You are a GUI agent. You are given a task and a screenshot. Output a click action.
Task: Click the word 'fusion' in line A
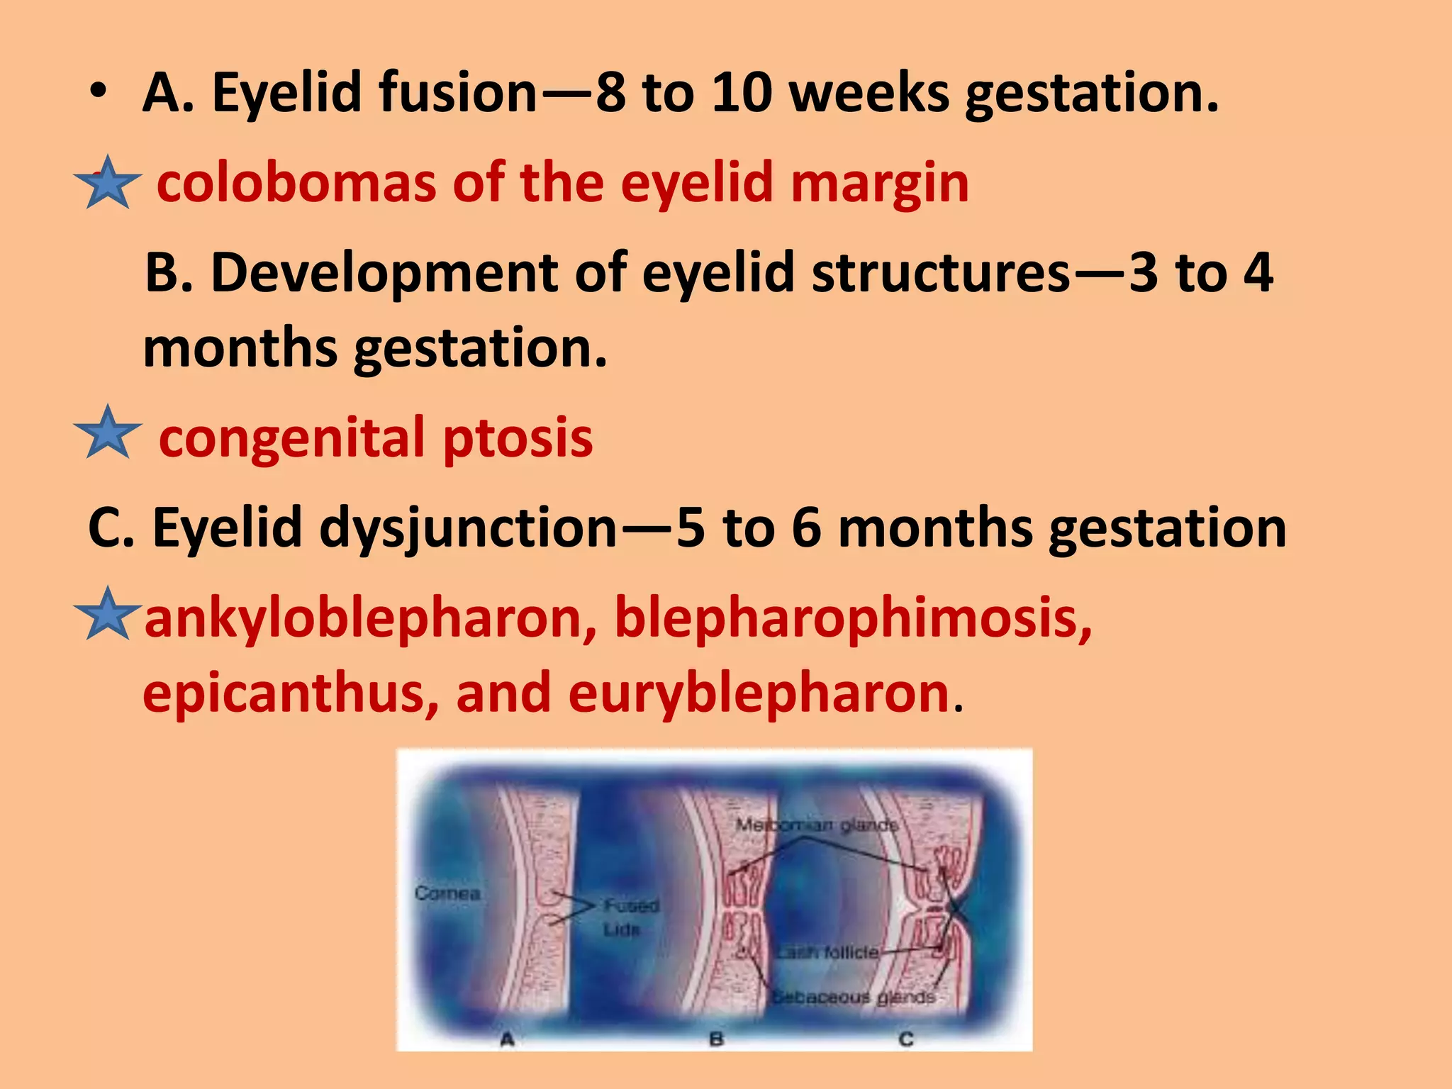click(x=458, y=93)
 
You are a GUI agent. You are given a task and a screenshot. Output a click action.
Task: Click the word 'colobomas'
click(x=295, y=183)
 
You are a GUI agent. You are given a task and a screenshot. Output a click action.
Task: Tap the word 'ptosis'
click(x=518, y=437)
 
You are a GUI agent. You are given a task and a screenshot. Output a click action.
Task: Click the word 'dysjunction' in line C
click(x=468, y=528)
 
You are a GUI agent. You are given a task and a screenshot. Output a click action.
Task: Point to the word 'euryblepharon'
click(x=759, y=693)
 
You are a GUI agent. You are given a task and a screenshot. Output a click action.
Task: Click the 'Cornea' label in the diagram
click(x=447, y=893)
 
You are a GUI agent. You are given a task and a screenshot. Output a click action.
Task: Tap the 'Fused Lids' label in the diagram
click(x=630, y=916)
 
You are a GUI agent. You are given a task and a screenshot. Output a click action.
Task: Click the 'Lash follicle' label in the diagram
click(x=827, y=952)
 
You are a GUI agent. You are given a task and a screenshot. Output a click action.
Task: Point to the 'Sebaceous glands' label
click(x=853, y=997)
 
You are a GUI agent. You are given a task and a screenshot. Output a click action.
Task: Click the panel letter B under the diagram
click(x=716, y=1039)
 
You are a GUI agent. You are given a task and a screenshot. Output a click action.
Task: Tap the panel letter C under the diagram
click(x=906, y=1039)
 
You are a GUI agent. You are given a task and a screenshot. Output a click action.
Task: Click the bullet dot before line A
click(x=99, y=93)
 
